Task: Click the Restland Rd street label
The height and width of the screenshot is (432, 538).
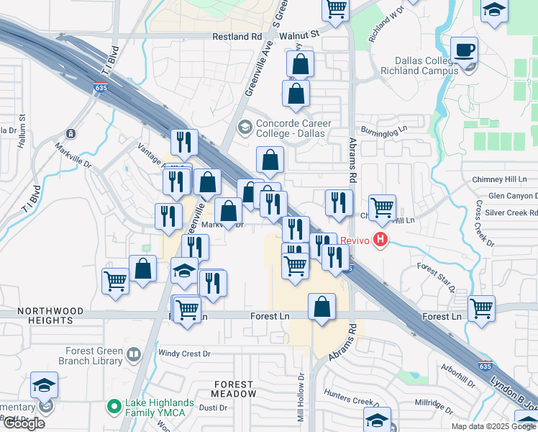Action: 237,37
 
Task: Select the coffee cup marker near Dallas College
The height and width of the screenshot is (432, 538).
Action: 464,50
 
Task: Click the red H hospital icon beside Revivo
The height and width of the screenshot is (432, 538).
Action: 380,240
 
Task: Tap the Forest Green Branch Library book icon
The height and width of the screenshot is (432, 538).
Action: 133,354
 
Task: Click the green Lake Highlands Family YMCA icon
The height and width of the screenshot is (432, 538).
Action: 113,408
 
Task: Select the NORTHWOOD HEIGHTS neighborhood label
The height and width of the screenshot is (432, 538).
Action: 41,316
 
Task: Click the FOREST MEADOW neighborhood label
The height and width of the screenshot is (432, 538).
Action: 233,389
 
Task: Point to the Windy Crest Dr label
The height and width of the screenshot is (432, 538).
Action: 184,354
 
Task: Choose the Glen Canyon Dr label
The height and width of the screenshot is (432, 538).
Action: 512,196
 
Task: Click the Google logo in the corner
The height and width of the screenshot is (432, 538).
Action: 23,423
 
